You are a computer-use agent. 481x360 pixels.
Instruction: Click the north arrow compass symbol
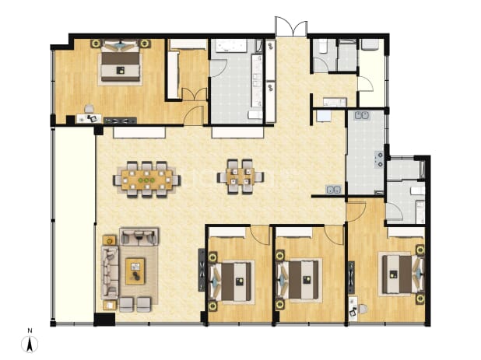[30, 344]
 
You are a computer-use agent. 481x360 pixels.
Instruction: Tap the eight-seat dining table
[146, 180]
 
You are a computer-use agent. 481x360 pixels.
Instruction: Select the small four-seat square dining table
[240, 177]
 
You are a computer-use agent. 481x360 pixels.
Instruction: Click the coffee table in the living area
[135, 271]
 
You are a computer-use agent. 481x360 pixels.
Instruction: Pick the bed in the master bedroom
[121, 63]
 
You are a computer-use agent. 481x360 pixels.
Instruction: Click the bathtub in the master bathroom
[231, 46]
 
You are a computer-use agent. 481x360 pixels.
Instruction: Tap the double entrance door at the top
[291, 26]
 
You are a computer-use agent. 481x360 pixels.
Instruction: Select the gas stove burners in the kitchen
[380, 159]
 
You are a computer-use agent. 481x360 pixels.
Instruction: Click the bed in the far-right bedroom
[401, 274]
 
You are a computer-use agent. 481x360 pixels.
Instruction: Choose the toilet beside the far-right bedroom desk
[363, 309]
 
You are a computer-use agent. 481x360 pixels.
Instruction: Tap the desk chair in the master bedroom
[89, 109]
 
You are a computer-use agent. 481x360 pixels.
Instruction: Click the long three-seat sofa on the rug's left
[110, 272]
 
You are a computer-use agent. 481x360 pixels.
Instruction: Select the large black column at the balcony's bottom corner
[104, 320]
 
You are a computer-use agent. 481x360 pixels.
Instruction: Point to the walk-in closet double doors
[195, 94]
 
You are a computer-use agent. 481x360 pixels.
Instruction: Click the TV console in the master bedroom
[120, 121]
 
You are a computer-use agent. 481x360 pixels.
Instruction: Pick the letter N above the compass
[30, 330]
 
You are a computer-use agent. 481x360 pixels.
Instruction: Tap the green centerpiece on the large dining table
[146, 180]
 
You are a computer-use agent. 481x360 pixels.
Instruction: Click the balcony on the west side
[74, 225]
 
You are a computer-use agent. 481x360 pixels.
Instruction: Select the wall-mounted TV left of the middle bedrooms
[202, 270]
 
